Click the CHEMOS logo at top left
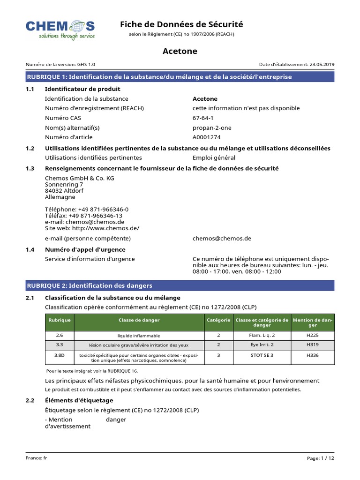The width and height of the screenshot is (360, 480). (60, 29)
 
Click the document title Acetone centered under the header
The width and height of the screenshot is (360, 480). (180, 51)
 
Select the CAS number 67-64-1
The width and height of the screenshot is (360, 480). (203, 118)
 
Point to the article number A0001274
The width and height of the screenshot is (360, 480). (206, 137)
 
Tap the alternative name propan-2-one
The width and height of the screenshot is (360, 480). (212, 127)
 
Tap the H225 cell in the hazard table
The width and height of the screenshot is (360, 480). (312, 336)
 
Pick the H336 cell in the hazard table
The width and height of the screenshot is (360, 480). (312, 355)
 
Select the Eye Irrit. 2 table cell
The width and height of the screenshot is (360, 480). (262, 345)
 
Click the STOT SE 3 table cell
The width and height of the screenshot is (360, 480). (262, 355)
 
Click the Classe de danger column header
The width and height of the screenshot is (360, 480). (139, 320)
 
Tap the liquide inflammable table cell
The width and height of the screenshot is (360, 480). (139, 336)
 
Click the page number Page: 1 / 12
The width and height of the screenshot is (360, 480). (321, 458)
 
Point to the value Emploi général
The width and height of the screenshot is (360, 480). (214, 158)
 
